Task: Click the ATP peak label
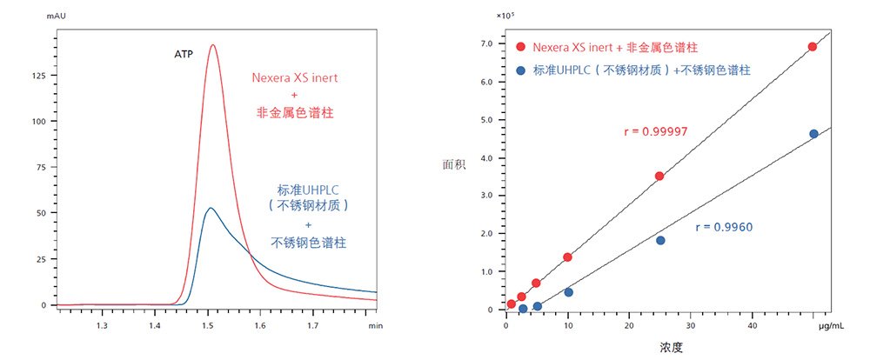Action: coord(184,53)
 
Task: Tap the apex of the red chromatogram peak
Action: coord(212,45)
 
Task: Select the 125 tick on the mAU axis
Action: coord(37,76)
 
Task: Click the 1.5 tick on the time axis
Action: coord(207,326)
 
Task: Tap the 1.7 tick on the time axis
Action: coord(313,326)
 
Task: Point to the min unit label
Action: coord(375,326)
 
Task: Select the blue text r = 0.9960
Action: coord(724,228)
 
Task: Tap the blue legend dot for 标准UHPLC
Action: coord(520,70)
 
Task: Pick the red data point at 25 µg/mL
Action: coord(659,176)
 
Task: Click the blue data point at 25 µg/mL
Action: coord(660,240)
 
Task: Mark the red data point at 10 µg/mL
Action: coord(567,257)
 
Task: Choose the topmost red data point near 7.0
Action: coord(813,47)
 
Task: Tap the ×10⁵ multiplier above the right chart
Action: coord(506,15)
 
